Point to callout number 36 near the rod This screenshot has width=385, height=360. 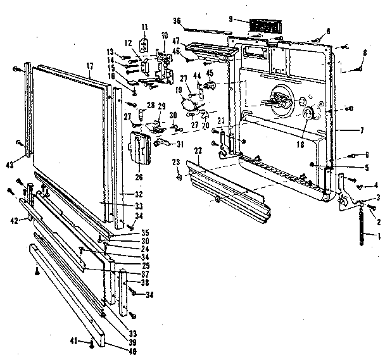178,21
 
